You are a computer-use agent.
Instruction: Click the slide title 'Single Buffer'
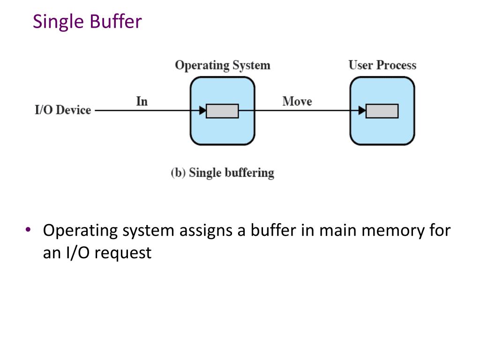tap(87, 22)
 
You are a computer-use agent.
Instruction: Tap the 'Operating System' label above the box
tap(222, 65)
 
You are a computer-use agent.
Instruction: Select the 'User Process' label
tap(382, 65)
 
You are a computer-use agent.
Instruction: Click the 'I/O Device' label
tap(63, 111)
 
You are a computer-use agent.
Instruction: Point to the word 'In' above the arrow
tap(142, 101)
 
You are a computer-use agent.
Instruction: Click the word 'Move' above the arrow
tap(297, 101)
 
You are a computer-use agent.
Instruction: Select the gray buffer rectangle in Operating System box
tap(222, 111)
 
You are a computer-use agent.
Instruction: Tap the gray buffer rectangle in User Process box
tap(382, 111)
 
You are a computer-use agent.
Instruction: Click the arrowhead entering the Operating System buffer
tap(202, 111)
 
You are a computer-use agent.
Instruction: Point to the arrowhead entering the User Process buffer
tap(362, 111)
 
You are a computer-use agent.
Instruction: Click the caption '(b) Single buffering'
tap(222, 172)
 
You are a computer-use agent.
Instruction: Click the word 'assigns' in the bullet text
tap(210, 231)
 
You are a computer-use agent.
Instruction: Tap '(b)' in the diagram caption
tap(178, 172)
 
